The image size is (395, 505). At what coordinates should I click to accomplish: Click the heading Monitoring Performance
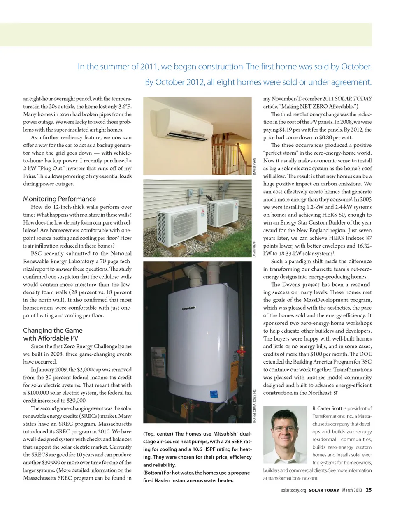click(x=60, y=199)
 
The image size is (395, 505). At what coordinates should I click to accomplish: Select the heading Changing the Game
click(x=53, y=330)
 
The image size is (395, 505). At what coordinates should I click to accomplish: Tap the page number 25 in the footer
click(x=369, y=489)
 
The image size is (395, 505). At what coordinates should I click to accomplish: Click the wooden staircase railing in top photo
click(x=230, y=152)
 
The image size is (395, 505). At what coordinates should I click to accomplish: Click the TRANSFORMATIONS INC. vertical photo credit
click(x=254, y=407)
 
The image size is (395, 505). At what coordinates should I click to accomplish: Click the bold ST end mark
click(x=336, y=393)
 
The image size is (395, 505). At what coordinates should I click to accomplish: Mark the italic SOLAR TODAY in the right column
click(x=353, y=99)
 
